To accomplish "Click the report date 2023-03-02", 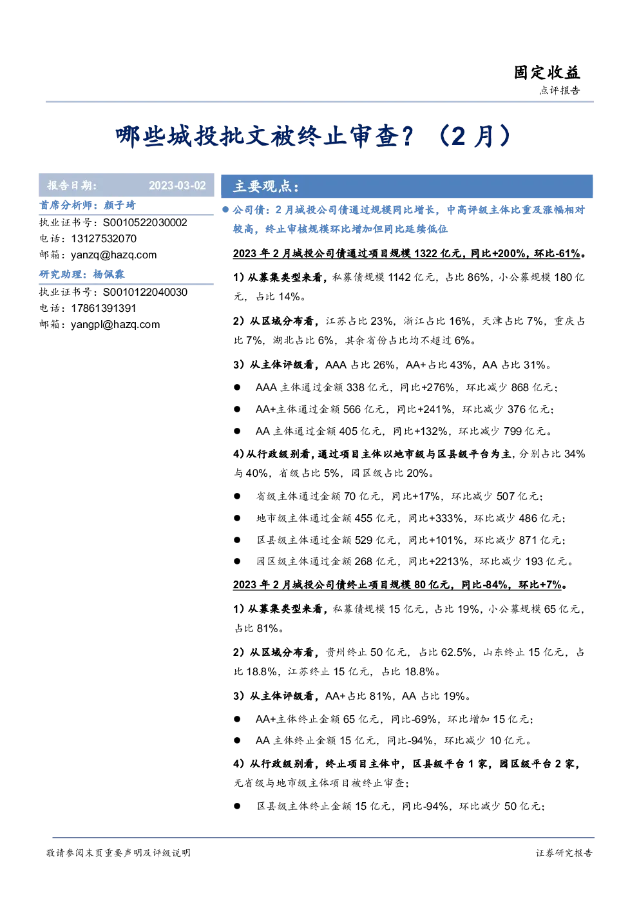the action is [x=177, y=185].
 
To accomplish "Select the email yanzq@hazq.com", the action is [x=114, y=255].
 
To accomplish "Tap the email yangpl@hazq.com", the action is [x=115, y=325].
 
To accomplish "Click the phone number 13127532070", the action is [x=104, y=239].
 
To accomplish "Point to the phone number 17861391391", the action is [x=104, y=309].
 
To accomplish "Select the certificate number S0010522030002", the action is [x=145, y=223].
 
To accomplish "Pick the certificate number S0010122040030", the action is [x=145, y=292].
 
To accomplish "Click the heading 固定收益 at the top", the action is [x=547, y=73].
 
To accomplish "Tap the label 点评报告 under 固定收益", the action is [x=560, y=90].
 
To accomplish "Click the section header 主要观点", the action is [x=266, y=186].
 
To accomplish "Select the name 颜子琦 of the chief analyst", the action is [x=119, y=206].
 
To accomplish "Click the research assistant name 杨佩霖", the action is [x=108, y=274].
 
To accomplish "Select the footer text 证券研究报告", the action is [x=564, y=852].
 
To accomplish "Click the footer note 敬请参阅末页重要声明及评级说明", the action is [x=118, y=852].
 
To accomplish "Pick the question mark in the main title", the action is [x=408, y=136].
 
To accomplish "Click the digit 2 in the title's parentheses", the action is [x=458, y=137].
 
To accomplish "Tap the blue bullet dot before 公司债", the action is [x=225, y=209].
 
